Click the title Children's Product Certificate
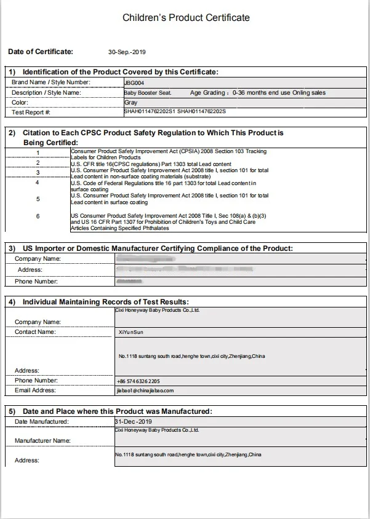point(186,18)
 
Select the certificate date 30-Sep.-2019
point(127,52)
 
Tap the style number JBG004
point(131,82)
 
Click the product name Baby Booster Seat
point(148,93)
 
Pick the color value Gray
point(131,103)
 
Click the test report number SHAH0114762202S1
point(150,113)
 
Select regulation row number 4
point(38,183)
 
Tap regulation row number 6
point(38,216)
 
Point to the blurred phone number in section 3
point(129,281)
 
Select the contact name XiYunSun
point(131,332)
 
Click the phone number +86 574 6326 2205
point(139,381)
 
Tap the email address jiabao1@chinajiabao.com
point(145,390)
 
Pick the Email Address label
point(35,390)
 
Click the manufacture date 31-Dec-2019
point(133,421)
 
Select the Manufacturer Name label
point(42,441)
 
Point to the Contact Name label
point(35,332)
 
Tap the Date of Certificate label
point(41,52)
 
